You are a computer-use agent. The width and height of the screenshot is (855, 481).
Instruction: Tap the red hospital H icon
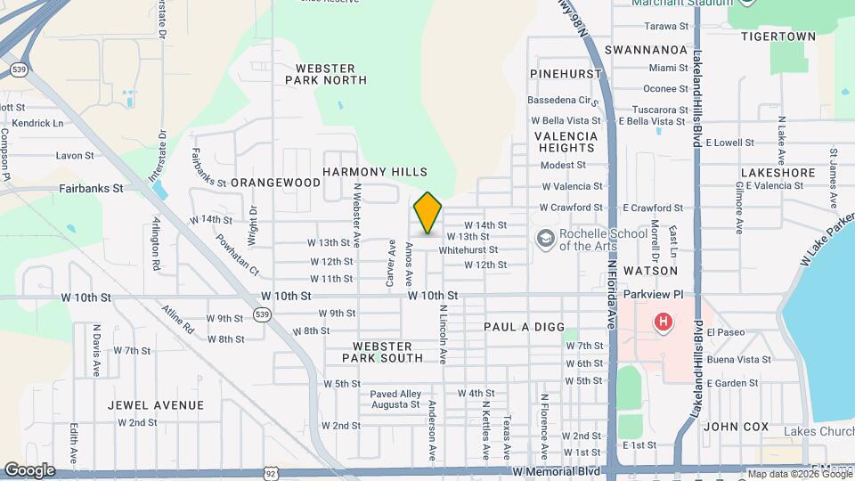pyautogui.click(x=663, y=322)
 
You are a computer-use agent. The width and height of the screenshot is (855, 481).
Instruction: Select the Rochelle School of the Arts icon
pyautogui.click(x=544, y=239)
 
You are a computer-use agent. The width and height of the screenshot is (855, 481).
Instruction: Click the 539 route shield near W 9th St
pyautogui.click(x=261, y=314)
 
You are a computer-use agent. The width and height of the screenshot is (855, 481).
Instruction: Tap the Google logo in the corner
pyautogui.click(x=29, y=470)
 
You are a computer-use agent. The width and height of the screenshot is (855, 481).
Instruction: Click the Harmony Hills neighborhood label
pyautogui.click(x=375, y=172)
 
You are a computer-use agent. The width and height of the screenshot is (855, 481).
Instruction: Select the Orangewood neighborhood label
pyautogui.click(x=275, y=183)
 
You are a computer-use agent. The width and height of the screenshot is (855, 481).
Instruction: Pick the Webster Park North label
pyautogui.click(x=325, y=74)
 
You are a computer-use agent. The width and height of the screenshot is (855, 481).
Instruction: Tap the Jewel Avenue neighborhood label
pyautogui.click(x=156, y=405)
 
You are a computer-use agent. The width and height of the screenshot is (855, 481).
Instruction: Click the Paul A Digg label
pyautogui.click(x=520, y=327)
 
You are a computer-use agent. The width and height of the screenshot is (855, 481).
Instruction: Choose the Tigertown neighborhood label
pyautogui.click(x=778, y=37)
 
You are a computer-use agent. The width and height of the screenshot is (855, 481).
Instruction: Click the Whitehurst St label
pyautogui.click(x=468, y=250)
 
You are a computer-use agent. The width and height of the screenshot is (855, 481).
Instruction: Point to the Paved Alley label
pyautogui.click(x=395, y=394)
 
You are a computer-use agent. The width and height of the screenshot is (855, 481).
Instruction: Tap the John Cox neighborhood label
pyautogui.click(x=736, y=427)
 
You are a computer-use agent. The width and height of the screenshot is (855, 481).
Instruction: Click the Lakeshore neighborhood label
pyautogui.click(x=778, y=173)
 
